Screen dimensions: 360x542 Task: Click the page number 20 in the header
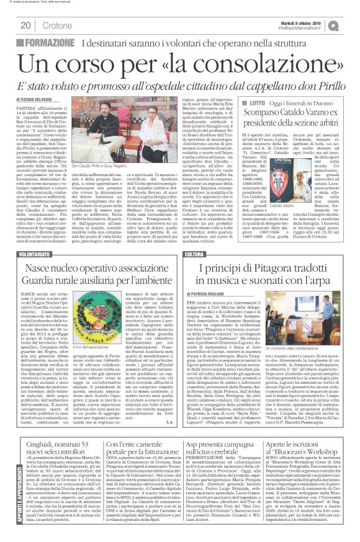[x=25, y=25]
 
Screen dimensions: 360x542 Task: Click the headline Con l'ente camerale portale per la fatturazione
[x=155, y=443]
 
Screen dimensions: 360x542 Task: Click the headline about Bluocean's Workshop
[x=315, y=443]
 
